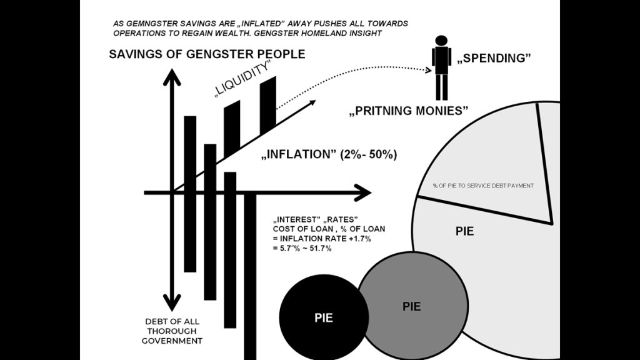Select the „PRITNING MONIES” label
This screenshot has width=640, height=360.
[x=409, y=111]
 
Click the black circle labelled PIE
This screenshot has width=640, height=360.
[x=323, y=317]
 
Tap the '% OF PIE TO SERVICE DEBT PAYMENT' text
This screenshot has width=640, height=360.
[x=483, y=186]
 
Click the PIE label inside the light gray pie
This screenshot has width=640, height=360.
[x=464, y=232]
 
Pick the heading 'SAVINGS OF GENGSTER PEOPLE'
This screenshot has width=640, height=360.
[x=207, y=54]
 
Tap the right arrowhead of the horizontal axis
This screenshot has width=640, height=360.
[x=362, y=192]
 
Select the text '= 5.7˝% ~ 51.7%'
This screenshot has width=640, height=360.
[x=303, y=249]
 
